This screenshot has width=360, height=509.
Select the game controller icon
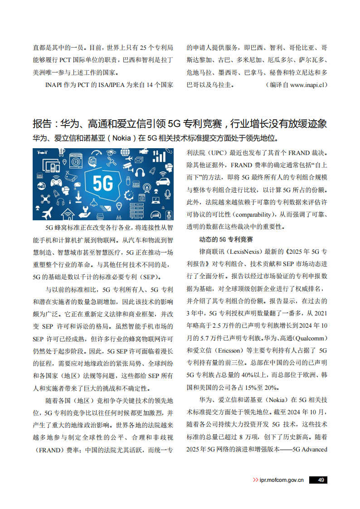(56, 182)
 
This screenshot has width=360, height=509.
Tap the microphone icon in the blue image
(167, 194)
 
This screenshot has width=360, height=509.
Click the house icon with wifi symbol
(68, 214)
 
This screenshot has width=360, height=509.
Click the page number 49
(321, 480)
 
